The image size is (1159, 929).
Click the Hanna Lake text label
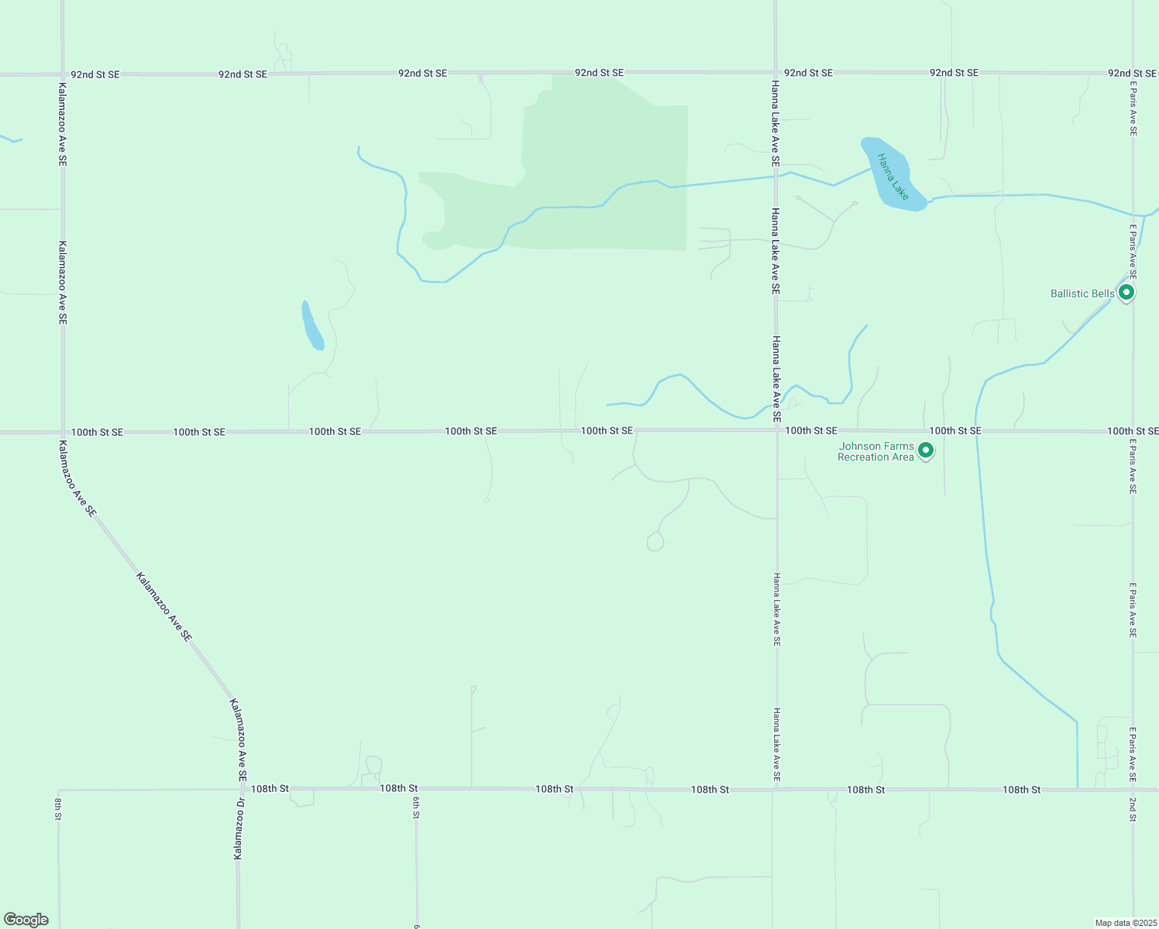892,177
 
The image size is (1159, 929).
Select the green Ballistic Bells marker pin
1127,293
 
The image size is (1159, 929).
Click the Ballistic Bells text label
1082,294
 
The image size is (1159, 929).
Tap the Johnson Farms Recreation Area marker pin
925,450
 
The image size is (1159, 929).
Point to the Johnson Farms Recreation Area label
876,452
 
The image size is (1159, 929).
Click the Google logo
26,920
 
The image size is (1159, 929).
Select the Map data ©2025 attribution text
1125,923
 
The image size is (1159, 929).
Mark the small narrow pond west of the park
312,326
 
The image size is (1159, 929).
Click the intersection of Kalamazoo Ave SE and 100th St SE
63,432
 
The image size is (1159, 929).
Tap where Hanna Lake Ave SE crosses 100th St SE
777,430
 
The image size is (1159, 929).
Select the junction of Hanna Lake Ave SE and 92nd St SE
776,73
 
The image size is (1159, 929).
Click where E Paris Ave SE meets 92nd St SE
1133,74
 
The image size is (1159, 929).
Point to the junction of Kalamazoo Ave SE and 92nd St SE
63,74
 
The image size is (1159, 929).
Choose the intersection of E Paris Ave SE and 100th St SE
1133,430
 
